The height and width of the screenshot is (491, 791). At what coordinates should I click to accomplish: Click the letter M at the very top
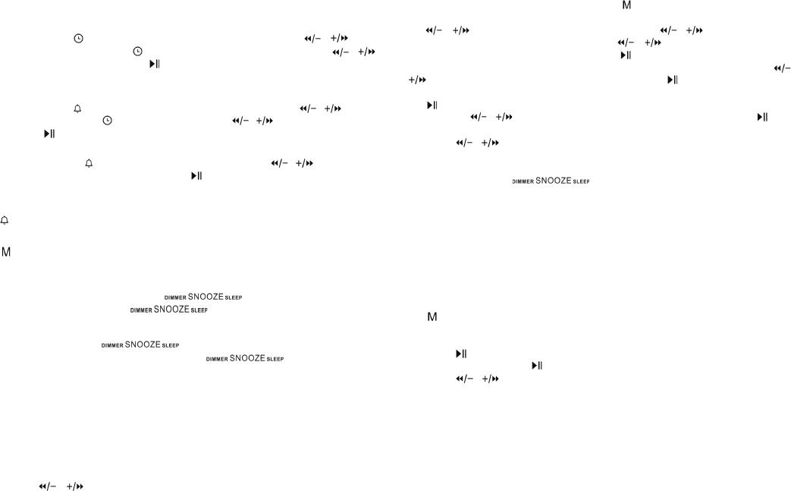[626, 5]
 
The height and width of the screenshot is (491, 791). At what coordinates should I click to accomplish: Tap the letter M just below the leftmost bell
[6, 250]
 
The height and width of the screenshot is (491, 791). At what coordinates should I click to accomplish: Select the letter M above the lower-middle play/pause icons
[432, 316]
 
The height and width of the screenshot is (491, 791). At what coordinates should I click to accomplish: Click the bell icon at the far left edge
[5, 219]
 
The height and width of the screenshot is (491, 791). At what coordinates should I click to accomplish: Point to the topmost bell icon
[77, 109]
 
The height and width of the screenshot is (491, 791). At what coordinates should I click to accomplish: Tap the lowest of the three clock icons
[107, 121]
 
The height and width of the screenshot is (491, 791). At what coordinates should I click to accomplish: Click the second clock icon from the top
[137, 52]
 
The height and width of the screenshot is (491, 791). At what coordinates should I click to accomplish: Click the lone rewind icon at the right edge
[782, 68]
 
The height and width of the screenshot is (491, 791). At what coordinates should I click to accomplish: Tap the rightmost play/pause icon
[762, 117]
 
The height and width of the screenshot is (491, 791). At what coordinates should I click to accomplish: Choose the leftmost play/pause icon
[49, 134]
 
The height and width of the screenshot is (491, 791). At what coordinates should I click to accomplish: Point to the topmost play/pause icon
[626, 55]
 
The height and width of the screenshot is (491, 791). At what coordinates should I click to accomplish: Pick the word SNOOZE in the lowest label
[247, 357]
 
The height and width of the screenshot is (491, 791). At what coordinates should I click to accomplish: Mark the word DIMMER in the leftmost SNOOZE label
[112, 346]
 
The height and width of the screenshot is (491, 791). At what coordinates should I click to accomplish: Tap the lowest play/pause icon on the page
[537, 365]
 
